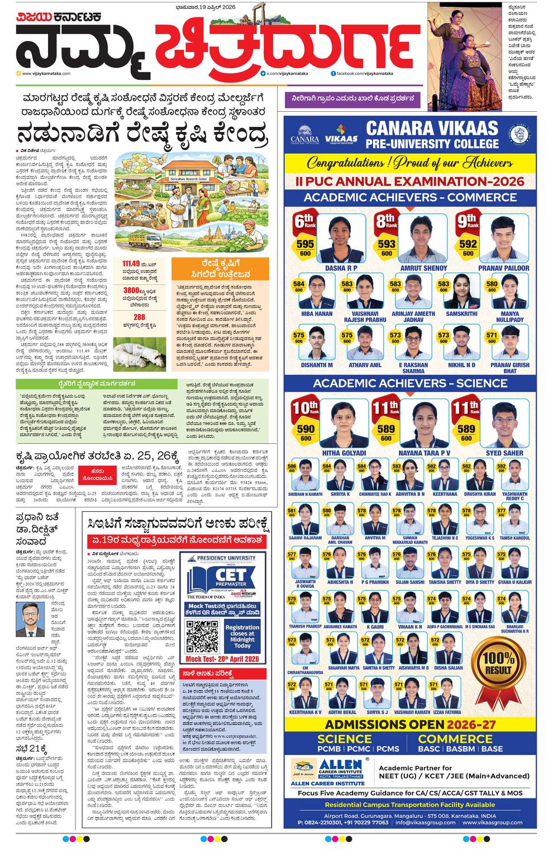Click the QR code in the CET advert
pos(202,636)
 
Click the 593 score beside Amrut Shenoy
pos(386,244)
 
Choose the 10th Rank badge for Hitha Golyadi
pos(306,407)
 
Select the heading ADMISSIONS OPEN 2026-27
pos(410,724)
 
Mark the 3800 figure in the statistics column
pos(131,290)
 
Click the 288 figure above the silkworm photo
pos(140,317)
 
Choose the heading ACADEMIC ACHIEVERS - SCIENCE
pos(410,383)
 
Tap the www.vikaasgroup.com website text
pos(493,822)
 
